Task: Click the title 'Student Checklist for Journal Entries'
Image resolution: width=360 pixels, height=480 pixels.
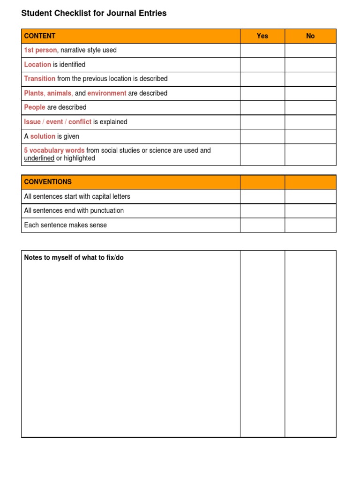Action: (x=94, y=14)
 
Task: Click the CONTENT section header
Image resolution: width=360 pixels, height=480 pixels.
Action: (x=40, y=36)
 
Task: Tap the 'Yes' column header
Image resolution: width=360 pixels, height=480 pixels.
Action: (x=262, y=36)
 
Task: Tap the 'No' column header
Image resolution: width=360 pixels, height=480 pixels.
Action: (x=310, y=36)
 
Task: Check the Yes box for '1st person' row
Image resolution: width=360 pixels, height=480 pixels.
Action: (x=262, y=50)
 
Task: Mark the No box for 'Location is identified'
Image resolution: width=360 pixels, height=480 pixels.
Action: (x=310, y=65)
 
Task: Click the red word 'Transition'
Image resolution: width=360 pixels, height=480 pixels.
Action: (x=40, y=79)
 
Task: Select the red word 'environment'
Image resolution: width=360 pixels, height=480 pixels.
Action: (x=107, y=93)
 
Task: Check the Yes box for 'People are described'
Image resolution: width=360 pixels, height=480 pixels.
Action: (x=262, y=107)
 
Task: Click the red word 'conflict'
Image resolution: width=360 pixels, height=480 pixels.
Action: (x=80, y=122)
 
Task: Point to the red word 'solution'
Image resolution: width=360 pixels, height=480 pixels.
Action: (x=43, y=136)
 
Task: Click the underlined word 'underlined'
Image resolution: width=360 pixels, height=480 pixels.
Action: (x=39, y=158)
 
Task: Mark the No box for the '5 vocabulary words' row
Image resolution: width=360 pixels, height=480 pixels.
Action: (x=310, y=154)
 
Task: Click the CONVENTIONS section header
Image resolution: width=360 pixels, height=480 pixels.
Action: (x=48, y=182)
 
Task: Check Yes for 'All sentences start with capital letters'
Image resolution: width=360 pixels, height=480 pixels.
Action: (x=262, y=196)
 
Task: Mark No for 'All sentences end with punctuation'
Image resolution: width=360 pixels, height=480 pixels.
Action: (x=310, y=210)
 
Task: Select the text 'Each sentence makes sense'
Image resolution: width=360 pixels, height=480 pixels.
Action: (x=66, y=225)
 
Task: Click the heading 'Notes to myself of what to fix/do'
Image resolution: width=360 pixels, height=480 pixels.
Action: (x=74, y=258)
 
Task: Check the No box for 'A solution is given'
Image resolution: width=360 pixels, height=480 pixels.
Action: (x=310, y=136)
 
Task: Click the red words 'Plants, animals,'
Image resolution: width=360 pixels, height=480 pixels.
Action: (x=48, y=93)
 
